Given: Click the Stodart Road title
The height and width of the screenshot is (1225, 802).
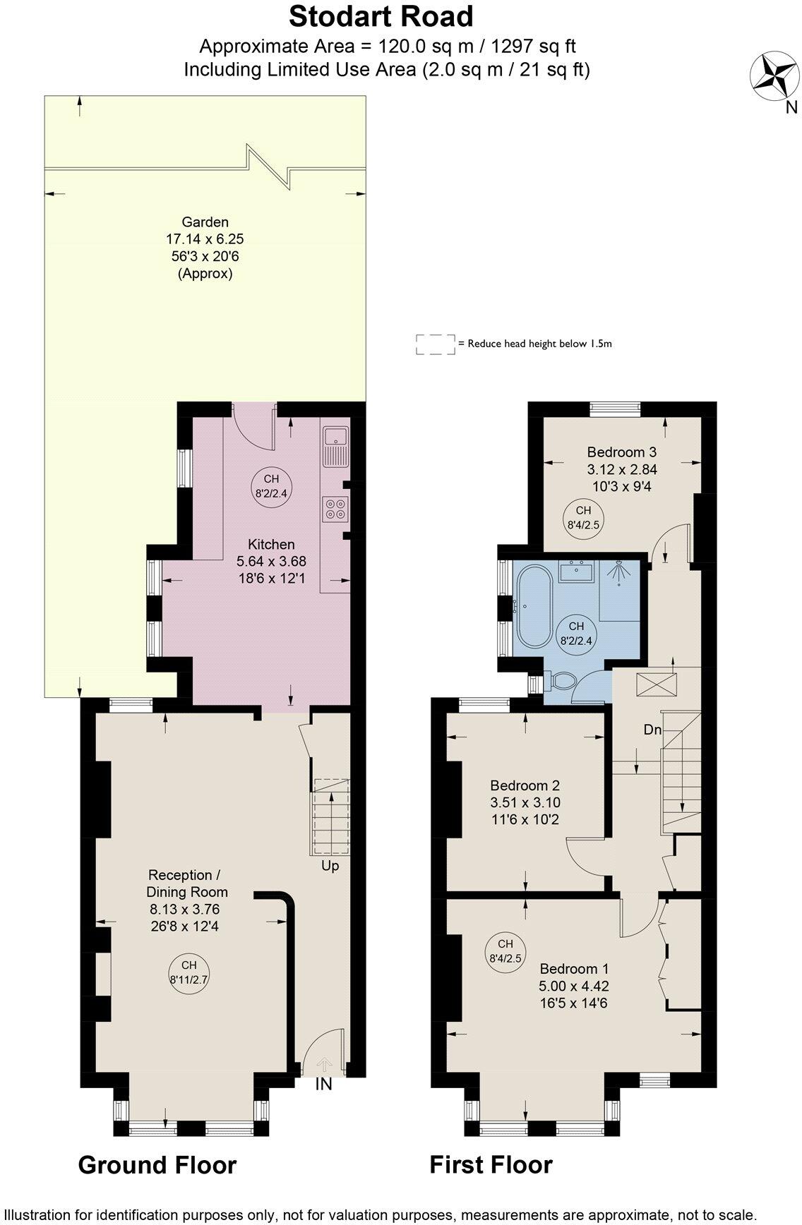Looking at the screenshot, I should [381, 16].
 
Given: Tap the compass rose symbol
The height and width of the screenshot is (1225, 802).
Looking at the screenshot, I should [774, 77].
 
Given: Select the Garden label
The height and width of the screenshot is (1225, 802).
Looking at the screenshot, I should [205, 222].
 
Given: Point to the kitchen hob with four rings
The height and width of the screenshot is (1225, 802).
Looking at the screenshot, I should [335, 509].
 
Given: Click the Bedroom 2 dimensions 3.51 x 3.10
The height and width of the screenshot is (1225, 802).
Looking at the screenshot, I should [525, 802].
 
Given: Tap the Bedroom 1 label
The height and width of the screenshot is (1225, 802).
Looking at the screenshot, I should [574, 969].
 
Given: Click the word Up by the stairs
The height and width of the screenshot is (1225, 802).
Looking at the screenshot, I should [330, 865].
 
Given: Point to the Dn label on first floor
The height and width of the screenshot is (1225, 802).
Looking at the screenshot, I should [652, 730].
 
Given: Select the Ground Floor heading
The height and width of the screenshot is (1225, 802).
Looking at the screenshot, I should [157, 1165].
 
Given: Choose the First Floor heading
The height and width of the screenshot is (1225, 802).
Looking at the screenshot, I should [491, 1164].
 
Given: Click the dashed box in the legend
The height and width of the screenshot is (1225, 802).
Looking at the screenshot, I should [435, 344].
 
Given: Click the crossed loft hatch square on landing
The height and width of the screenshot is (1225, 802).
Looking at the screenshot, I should [656, 685].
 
